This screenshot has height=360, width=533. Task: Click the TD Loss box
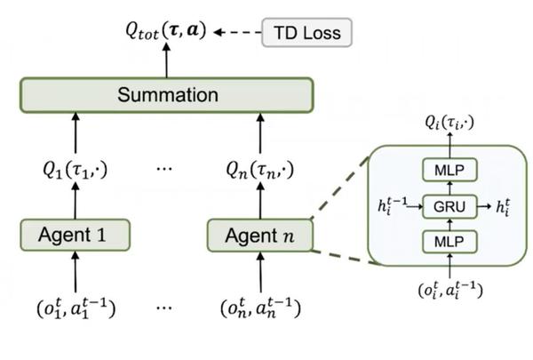click(x=306, y=33)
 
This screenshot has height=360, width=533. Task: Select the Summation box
click(x=167, y=95)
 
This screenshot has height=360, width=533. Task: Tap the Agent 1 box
click(x=76, y=236)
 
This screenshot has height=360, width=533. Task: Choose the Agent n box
click(x=260, y=236)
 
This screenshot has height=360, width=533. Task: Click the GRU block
click(x=449, y=206)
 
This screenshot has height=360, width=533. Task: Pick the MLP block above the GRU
click(x=449, y=170)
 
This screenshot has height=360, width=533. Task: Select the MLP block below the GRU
click(x=449, y=242)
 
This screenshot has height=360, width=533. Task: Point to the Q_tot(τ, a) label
click(x=166, y=30)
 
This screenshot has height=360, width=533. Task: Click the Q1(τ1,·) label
click(x=76, y=169)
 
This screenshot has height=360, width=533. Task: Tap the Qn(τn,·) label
click(x=260, y=169)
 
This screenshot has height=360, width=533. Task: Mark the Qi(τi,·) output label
click(x=449, y=123)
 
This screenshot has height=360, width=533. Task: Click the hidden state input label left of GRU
click(x=393, y=205)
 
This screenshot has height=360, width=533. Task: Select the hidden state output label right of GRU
click(x=503, y=207)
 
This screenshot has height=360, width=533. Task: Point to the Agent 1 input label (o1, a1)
click(x=76, y=308)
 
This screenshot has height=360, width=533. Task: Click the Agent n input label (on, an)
click(x=260, y=308)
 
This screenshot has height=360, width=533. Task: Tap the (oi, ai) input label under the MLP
click(x=450, y=290)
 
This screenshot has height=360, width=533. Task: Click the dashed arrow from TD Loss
click(x=237, y=32)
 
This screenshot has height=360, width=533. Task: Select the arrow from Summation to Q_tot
click(x=166, y=60)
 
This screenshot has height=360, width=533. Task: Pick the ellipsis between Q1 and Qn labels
click(x=164, y=168)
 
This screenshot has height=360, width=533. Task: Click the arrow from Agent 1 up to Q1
click(x=76, y=201)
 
